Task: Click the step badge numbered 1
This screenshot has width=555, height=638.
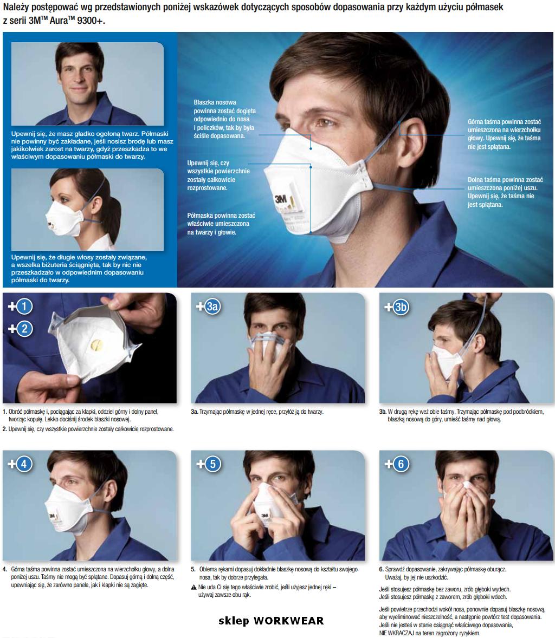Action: point(24,306)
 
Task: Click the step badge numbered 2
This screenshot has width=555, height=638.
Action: point(24,328)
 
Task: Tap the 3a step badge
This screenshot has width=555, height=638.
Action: point(212,307)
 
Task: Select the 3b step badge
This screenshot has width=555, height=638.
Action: point(401,307)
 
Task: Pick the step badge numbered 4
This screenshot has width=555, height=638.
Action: point(24,464)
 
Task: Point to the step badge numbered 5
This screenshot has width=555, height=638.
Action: point(212,464)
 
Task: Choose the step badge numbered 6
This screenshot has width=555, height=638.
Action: point(401,464)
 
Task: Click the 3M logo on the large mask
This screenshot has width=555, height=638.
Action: point(280,200)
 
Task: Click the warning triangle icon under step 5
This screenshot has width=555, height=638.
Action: point(194,587)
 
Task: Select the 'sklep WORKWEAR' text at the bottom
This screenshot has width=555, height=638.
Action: point(271,621)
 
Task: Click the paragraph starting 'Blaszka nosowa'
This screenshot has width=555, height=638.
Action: point(225,119)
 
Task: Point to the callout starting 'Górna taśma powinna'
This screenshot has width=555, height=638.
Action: point(504,134)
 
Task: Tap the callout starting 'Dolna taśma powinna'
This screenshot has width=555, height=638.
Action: point(505,192)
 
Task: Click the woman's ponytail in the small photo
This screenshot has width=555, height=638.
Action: point(113,218)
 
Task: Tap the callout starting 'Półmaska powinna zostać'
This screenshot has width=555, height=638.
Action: point(221,224)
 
